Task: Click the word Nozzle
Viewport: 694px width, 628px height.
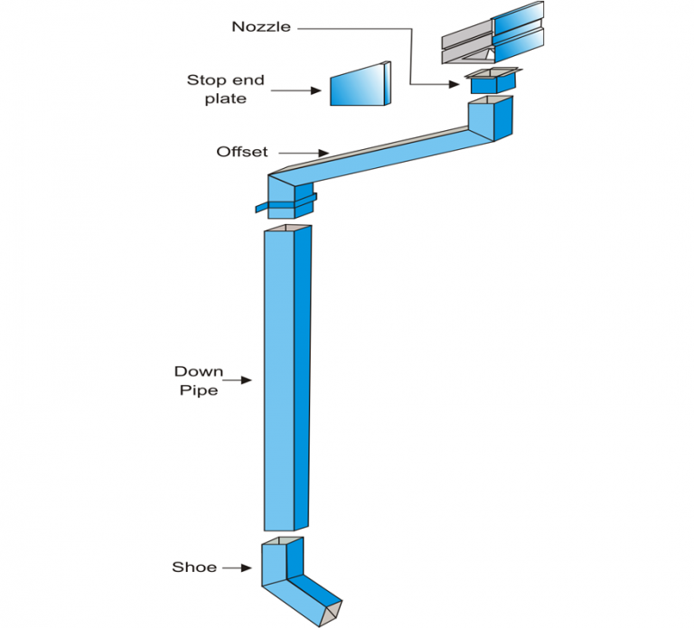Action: click(x=261, y=26)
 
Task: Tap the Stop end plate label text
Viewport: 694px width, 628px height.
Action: click(x=225, y=89)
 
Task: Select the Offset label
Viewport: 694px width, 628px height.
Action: click(x=241, y=152)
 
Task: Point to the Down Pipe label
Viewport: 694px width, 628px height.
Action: click(x=198, y=380)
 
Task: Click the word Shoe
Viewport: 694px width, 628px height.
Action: click(x=194, y=567)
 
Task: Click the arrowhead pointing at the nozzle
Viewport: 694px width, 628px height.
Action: click(x=455, y=84)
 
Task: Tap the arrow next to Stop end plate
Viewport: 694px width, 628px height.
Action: click(x=296, y=90)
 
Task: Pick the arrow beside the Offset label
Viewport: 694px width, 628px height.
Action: click(x=304, y=153)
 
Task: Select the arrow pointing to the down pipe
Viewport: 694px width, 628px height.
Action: click(x=237, y=380)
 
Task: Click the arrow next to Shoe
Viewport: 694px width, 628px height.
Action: click(x=237, y=567)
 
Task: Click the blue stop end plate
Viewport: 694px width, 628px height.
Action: click(x=361, y=84)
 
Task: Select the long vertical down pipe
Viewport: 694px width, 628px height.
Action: click(x=287, y=379)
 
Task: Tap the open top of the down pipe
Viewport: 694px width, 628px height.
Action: click(x=287, y=229)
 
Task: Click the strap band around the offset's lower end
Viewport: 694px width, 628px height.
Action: click(x=286, y=204)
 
